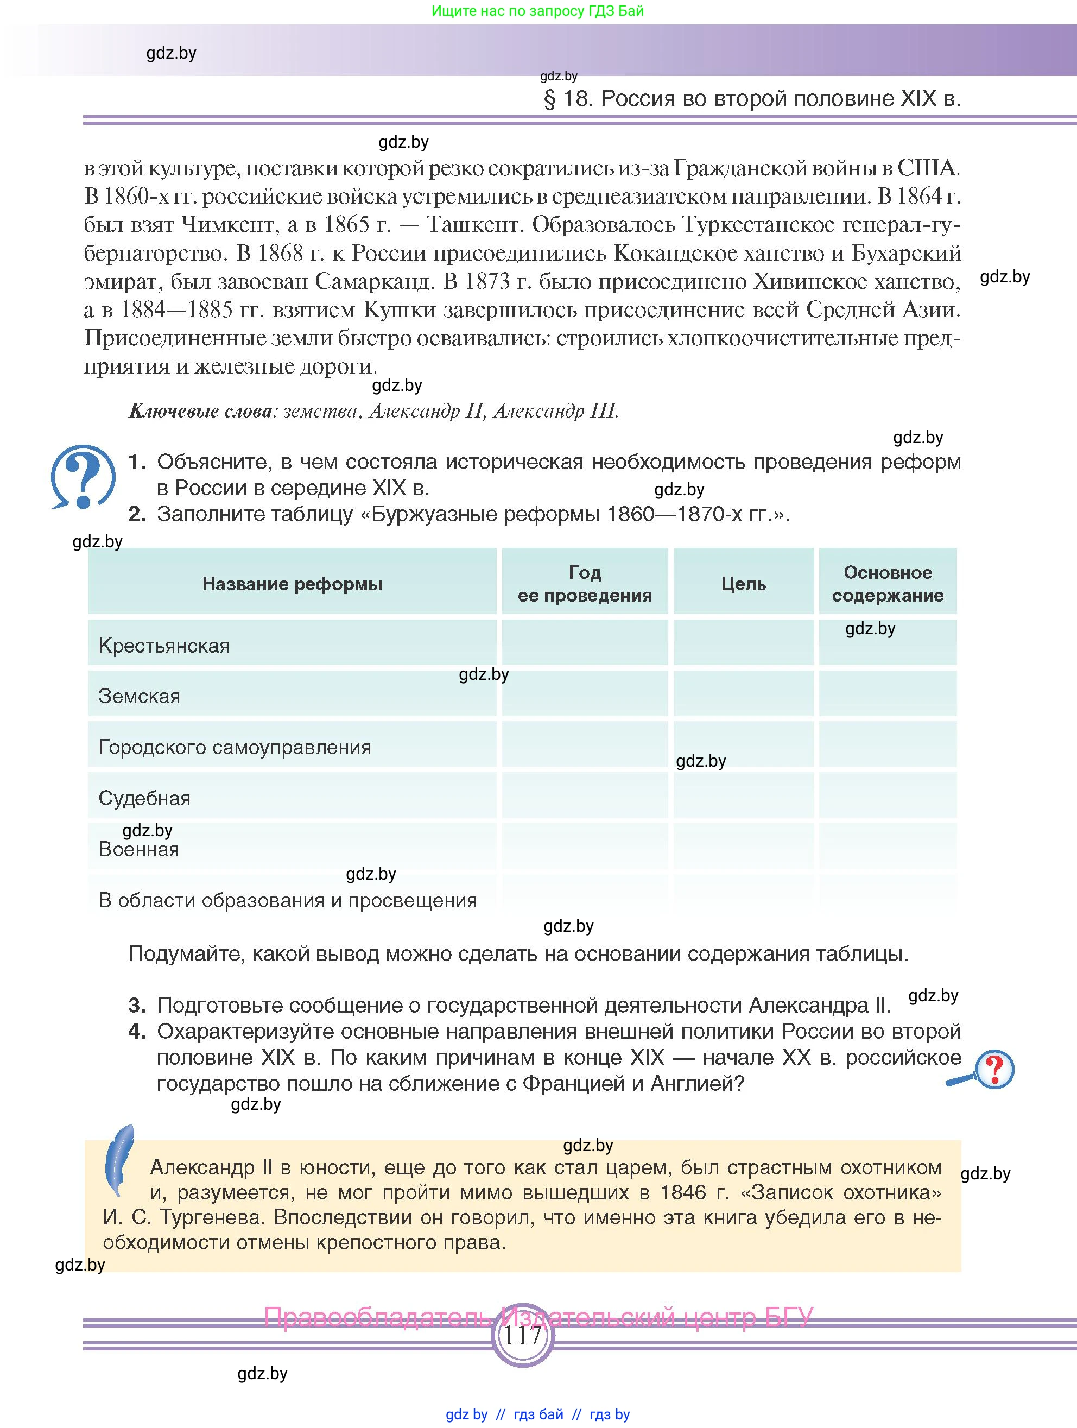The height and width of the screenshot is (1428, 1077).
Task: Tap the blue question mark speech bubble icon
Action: click(x=83, y=476)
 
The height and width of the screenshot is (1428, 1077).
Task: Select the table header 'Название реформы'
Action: click(x=292, y=584)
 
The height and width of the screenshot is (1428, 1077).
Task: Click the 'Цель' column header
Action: click(x=743, y=584)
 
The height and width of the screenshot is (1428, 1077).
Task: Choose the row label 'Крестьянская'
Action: click(x=164, y=646)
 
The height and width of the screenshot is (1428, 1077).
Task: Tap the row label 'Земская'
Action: click(x=140, y=696)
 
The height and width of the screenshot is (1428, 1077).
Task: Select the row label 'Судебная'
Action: click(x=144, y=799)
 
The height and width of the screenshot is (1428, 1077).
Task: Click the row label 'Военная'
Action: click(x=139, y=850)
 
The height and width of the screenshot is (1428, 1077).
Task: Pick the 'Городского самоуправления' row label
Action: click(x=235, y=748)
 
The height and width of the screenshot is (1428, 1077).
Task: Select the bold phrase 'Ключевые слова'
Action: click(x=201, y=411)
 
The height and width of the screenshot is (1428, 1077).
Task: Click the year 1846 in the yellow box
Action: click(x=683, y=1192)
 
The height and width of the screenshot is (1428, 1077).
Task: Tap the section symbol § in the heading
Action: click(x=550, y=99)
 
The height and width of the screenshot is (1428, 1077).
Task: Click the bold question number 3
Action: click(x=137, y=1005)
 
